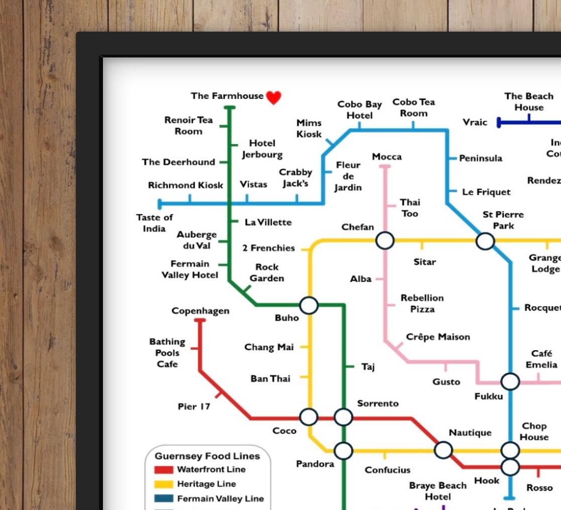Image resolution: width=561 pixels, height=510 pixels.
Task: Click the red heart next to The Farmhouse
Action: pos(273,97)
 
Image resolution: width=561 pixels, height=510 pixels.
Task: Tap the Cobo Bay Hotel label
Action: pos(360,110)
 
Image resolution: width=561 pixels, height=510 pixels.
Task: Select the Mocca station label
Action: pos(387,157)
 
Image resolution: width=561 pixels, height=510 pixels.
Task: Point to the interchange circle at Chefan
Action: pos(385,240)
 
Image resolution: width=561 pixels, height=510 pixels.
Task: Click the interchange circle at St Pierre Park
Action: pos(485,241)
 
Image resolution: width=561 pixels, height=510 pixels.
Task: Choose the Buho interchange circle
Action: pos(309,305)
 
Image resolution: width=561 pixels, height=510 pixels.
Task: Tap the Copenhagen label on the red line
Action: pos(200,311)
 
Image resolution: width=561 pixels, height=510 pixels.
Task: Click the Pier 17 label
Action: pos(194,407)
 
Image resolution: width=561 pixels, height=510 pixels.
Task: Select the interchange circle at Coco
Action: pos(309,417)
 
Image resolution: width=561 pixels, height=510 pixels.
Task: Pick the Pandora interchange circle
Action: pos(344,451)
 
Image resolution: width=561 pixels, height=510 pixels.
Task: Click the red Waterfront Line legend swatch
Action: pos(164,470)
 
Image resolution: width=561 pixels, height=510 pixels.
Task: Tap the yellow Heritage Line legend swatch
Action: pos(164,484)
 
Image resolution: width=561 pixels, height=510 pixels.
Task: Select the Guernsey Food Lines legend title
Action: pos(207,456)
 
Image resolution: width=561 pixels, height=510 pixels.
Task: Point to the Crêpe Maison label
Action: pos(438,337)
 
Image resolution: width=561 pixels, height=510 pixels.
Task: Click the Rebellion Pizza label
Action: pos(422,303)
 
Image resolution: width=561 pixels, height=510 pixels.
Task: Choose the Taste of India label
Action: pos(154,223)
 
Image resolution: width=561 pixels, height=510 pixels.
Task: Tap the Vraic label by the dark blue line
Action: pos(475,122)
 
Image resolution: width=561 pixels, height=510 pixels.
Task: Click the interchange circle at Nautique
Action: pos(443,450)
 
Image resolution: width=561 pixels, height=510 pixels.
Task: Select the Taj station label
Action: pos(368,367)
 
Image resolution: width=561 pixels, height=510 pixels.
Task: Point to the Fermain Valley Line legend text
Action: pos(220,499)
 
